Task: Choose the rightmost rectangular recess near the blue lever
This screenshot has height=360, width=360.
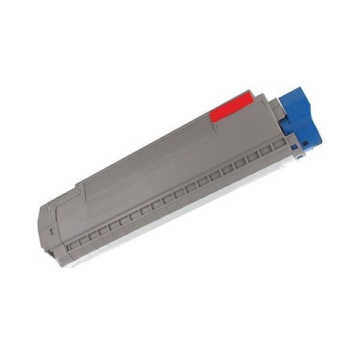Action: click(x=277, y=146)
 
